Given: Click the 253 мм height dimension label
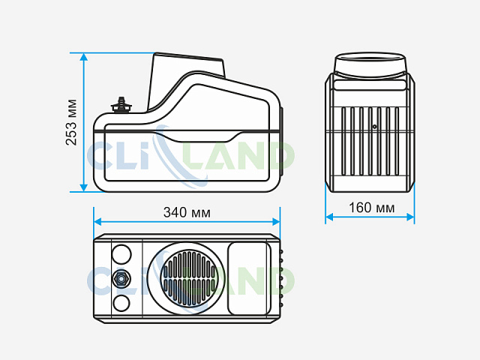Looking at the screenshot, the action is click(x=71, y=122).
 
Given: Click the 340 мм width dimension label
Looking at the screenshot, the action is click(x=187, y=212).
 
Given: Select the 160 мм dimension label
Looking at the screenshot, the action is click(x=372, y=208).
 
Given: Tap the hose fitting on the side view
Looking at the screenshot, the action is click(x=121, y=105).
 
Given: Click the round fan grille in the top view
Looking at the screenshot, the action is click(x=189, y=278).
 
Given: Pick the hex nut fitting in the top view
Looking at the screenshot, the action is click(x=121, y=279).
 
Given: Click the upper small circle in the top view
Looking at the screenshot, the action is click(x=121, y=254).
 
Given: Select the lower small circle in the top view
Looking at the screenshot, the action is click(x=121, y=303).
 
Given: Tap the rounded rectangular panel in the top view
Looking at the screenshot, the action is click(x=249, y=278).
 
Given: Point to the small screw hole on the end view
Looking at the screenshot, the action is click(x=374, y=127).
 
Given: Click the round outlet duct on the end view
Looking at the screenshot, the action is click(x=370, y=65).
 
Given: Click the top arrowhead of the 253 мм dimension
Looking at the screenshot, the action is click(x=84, y=57).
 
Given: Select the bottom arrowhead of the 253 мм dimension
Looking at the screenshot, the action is click(x=84, y=187).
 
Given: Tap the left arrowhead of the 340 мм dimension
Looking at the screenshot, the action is click(x=97, y=222).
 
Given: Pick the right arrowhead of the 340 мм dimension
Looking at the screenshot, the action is click(x=276, y=222).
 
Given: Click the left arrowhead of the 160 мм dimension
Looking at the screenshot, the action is click(x=329, y=217).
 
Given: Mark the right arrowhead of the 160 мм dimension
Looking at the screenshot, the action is click(x=410, y=217).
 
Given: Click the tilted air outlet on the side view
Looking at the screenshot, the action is click(x=187, y=80).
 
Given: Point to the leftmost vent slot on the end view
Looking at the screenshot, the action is click(x=343, y=141).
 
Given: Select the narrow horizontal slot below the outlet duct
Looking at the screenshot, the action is click(x=370, y=85).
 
